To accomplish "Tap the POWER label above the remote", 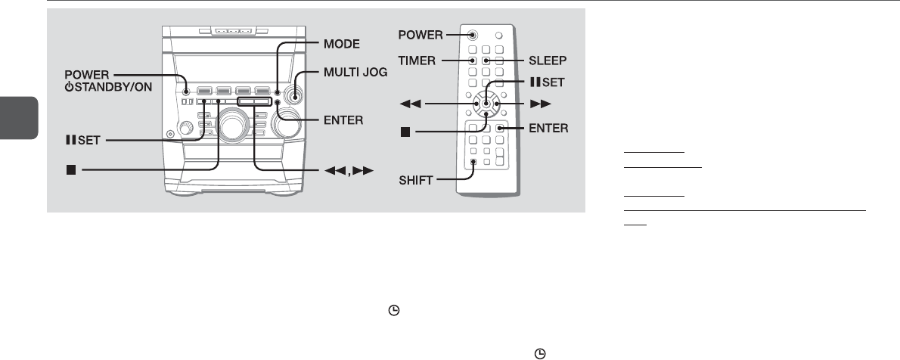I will click(421, 35).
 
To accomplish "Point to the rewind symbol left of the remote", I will click(409, 102).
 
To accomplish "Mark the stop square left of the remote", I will click(405, 132).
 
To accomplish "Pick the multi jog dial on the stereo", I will click(294, 97).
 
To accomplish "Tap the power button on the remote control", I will click(472, 35).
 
